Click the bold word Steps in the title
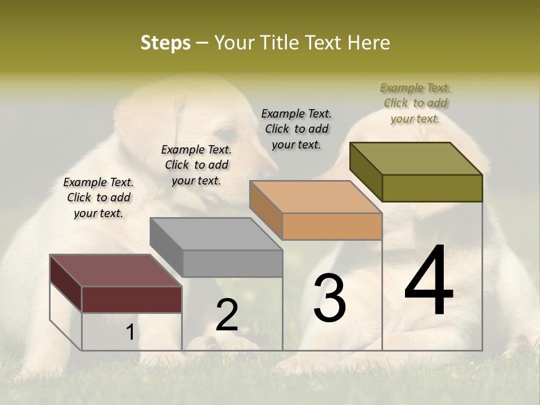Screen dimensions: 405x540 tap(165, 43)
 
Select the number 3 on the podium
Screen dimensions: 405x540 tap(329, 298)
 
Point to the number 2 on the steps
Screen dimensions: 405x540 tap(227, 315)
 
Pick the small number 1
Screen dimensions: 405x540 tap(130, 332)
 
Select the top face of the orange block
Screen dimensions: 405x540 tap(316, 197)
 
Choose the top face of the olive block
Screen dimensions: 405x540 tap(416, 159)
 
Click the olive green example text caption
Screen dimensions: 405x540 tap(415, 103)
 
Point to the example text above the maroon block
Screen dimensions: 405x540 tap(98, 197)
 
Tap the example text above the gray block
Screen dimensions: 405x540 tap(196, 165)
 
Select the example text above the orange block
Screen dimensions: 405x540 tap(296, 129)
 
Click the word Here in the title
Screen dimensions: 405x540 tap(368, 43)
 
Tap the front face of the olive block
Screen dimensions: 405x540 tap(432, 188)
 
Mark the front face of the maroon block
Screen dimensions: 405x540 tap(132, 299)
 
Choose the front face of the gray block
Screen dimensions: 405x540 tap(232, 263)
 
